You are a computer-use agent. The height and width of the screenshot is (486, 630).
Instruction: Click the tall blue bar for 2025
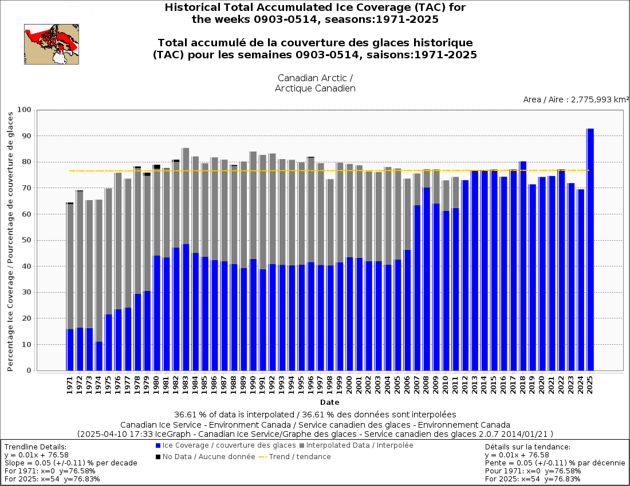(x=590, y=249)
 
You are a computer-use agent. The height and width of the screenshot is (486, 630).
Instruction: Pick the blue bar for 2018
(x=522, y=266)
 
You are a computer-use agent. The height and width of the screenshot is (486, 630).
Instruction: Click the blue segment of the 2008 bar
(x=426, y=278)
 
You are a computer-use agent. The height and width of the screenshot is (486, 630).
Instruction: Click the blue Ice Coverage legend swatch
(x=158, y=445)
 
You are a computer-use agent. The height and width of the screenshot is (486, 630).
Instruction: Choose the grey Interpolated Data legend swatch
(x=302, y=445)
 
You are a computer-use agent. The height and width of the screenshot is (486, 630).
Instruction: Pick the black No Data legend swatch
(x=158, y=457)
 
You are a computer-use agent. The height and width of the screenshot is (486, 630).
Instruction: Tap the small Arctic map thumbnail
(x=52, y=44)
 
